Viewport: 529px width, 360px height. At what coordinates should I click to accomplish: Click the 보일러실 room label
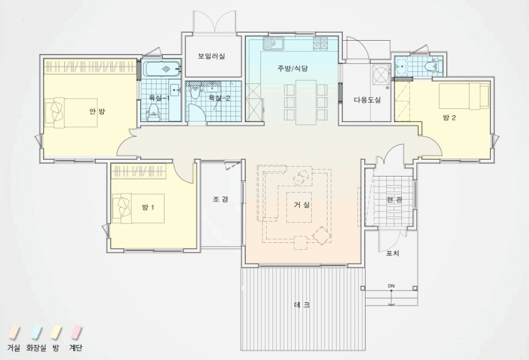(x=212, y=56)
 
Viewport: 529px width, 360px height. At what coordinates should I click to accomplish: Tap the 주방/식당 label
(x=293, y=68)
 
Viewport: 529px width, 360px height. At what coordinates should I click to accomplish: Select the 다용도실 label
(x=367, y=100)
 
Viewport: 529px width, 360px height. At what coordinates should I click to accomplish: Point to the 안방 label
(x=97, y=111)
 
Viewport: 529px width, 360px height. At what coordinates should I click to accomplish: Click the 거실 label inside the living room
(x=302, y=205)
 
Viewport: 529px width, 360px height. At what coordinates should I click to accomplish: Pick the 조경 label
(x=220, y=199)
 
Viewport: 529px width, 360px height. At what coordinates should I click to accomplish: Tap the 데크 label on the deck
(x=302, y=305)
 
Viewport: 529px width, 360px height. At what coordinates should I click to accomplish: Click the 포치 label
(x=393, y=253)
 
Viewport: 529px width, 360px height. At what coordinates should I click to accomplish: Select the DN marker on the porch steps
(x=391, y=286)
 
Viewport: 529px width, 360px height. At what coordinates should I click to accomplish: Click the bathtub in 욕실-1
(x=162, y=69)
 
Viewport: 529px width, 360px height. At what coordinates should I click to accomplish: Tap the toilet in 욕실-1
(x=154, y=111)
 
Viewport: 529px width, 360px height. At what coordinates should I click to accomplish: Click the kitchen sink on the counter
(x=274, y=43)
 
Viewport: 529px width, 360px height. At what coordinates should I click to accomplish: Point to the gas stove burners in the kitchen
(x=321, y=43)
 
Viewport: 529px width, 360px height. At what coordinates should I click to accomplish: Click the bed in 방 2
(x=464, y=96)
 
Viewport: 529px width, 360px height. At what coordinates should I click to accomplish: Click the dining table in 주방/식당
(x=306, y=102)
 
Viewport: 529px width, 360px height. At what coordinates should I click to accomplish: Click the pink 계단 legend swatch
(x=76, y=332)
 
